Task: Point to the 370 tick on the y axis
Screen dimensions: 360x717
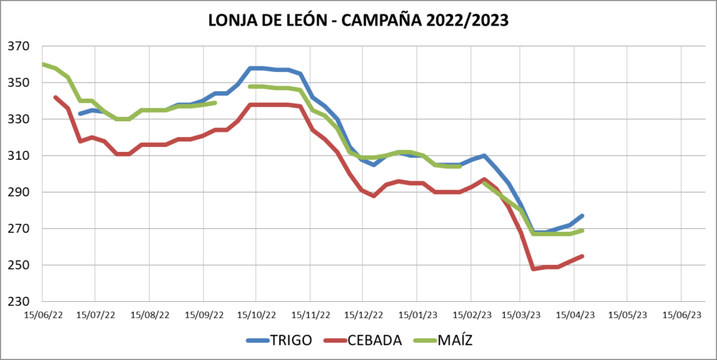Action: coord(20,47)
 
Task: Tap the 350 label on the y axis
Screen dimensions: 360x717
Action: coord(20,83)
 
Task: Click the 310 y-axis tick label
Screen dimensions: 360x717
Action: coord(20,156)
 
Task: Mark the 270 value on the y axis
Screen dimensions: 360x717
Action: coord(20,229)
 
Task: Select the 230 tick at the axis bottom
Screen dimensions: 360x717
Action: coord(20,302)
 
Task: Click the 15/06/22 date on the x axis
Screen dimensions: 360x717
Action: coord(43,315)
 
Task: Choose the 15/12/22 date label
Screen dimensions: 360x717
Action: coord(363,315)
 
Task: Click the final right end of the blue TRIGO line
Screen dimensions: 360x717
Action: coord(583,216)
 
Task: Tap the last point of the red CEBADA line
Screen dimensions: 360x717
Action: coord(583,256)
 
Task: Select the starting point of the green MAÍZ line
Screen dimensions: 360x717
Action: coord(43,64)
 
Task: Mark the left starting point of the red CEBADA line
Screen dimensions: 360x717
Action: coord(55,97)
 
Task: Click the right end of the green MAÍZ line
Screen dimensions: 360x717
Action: coord(583,230)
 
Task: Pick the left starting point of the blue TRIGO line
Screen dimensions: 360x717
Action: coord(80,113)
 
